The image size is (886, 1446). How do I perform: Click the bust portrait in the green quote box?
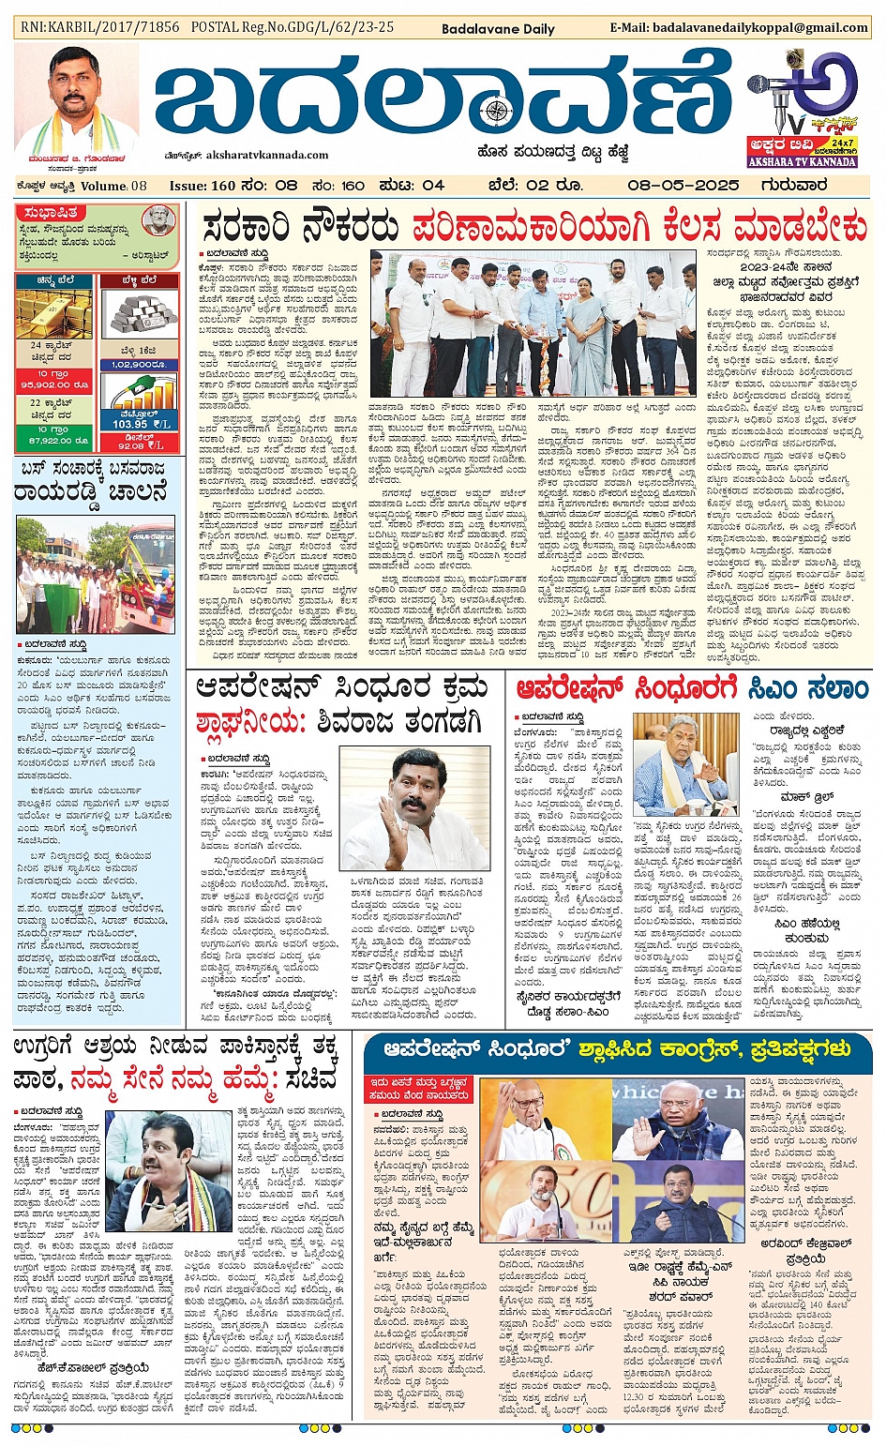[158, 220]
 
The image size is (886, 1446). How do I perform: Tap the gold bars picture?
[54, 313]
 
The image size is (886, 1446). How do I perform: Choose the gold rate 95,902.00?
[54, 384]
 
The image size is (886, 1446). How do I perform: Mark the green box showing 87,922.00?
[54, 440]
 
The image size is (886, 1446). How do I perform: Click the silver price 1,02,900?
[138, 365]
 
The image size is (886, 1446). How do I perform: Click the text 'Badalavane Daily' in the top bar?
[498, 29]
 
